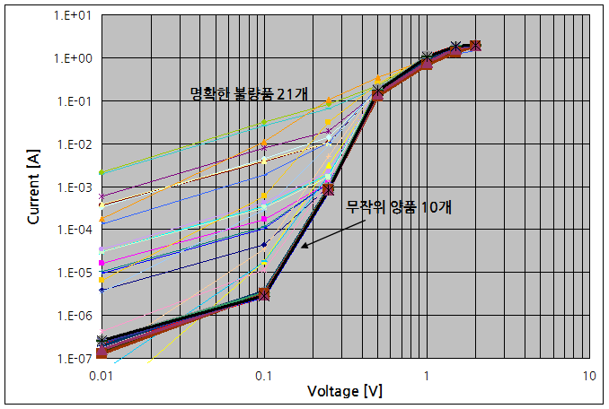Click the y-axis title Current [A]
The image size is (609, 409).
[34, 187]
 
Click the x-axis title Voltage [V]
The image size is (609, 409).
[344, 391]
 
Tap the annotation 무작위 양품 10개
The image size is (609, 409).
[399, 206]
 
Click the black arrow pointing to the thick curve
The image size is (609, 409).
[323, 233]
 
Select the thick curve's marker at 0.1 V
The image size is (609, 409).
[263, 293]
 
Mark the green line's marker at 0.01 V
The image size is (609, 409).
[101, 172]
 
